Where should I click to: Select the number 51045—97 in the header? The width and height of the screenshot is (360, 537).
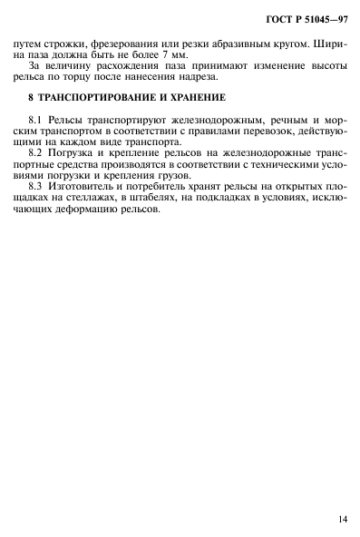point(323,17)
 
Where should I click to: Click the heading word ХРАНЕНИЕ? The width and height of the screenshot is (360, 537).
point(190,97)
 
